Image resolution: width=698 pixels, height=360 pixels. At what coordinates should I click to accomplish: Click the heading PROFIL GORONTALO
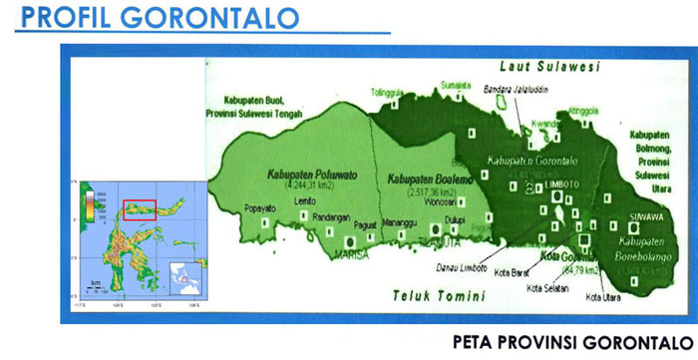click(x=150, y=18)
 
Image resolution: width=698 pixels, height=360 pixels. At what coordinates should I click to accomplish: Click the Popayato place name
click(x=261, y=208)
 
